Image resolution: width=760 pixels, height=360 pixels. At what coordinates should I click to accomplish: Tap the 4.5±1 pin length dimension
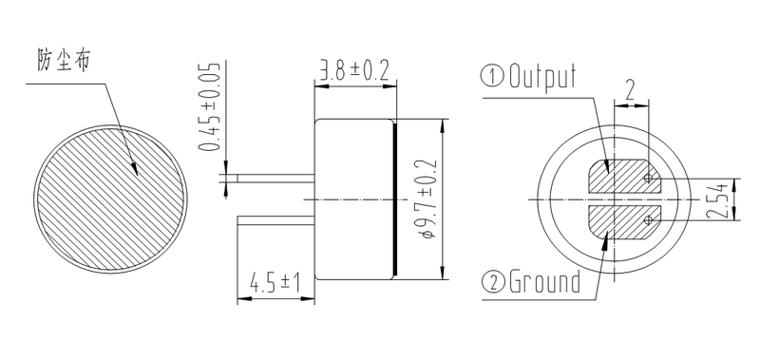pos(275,283)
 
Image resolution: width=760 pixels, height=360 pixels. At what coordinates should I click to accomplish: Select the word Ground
pos(544,282)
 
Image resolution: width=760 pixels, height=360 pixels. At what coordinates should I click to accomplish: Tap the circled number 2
pos(495,282)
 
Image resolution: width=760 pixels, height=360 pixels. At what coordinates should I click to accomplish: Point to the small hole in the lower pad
pos(649,221)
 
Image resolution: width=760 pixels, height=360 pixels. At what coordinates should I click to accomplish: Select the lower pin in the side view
pos(275,219)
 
